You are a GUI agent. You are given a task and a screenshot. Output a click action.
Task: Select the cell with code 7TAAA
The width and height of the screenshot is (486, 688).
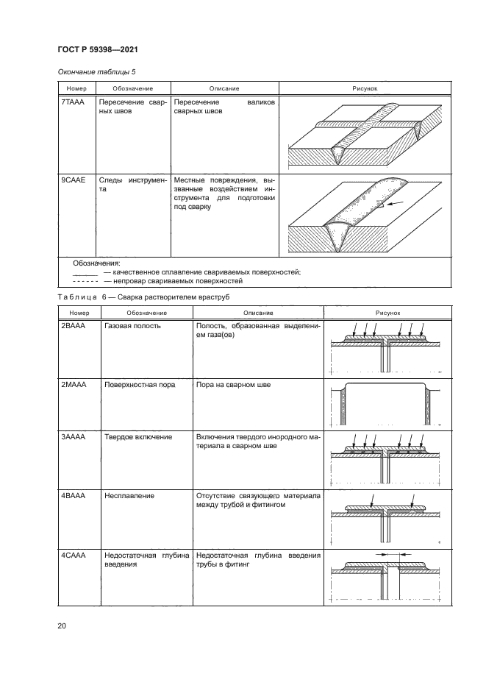[x=71, y=103]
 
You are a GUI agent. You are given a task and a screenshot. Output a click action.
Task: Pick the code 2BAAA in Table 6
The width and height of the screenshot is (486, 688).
[x=74, y=325]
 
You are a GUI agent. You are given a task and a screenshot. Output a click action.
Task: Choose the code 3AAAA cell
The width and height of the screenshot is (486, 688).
[x=74, y=436]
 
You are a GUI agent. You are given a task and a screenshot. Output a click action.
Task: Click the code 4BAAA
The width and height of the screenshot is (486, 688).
[x=74, y=496]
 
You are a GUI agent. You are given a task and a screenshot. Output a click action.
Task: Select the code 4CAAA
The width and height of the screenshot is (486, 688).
[x=74, y=554]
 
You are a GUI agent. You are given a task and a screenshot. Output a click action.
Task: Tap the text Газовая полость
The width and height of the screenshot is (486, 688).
[x=133, y=325]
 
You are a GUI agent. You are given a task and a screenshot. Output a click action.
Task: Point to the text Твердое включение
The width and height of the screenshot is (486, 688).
[x=138, y=436]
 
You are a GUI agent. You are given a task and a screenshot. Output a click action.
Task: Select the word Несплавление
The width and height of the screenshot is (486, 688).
[x=129, y=496]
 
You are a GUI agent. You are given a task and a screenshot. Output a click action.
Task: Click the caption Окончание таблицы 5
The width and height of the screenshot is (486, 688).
[x=97, y=71]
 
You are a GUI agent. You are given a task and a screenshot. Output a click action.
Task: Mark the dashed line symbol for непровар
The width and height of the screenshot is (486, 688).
[x=86, y=280]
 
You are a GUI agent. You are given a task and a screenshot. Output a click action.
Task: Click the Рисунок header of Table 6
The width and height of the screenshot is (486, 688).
[x=387, y=312]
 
